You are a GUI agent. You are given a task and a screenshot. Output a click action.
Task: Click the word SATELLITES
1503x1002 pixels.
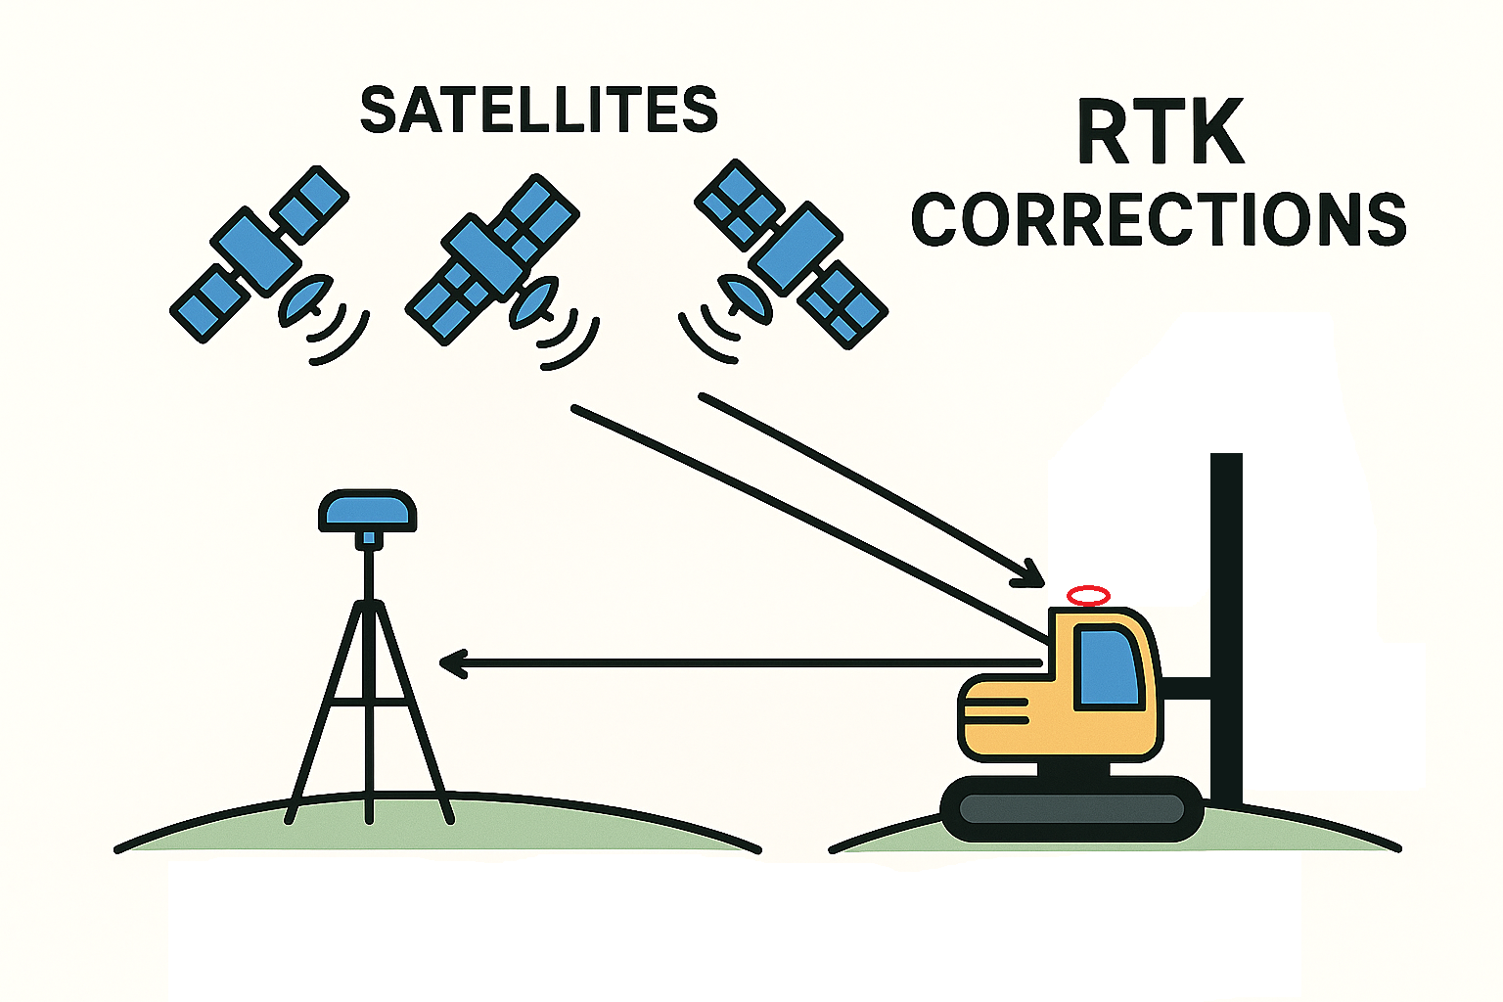tap(539, 110)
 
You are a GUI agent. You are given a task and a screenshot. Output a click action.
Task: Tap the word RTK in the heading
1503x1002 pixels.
tap(1160, 133)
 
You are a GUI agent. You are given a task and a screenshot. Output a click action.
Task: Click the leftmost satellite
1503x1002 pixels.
tap(258, 253)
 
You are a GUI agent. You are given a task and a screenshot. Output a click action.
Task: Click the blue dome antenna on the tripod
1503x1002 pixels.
tap(368, 510)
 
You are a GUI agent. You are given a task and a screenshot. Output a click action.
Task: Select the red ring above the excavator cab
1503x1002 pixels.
tap(1088, 595)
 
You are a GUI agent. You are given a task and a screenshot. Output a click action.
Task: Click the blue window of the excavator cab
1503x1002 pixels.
tap(1109, 667)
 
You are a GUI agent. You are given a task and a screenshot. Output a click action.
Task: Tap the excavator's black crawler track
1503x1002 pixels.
tap(1071, 808)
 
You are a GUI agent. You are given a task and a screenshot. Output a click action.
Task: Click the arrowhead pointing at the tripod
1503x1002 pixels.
tap(452, 664)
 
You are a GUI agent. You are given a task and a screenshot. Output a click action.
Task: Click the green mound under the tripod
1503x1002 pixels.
tap(440, 827)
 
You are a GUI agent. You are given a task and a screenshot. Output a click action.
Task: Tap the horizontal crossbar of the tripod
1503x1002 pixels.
tap(368, 702)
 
